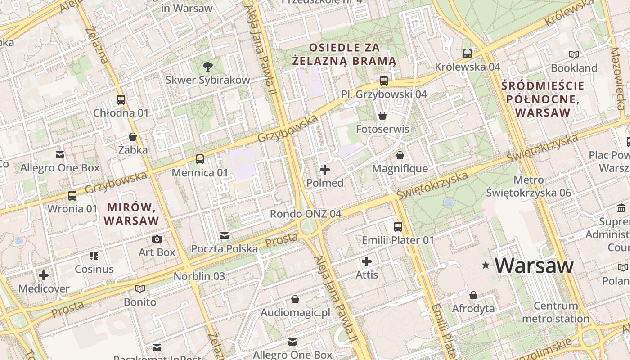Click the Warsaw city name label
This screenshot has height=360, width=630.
click(534, 265)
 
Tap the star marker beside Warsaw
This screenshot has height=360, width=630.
click(486, 265)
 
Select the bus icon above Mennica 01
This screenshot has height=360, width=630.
click(199, 159)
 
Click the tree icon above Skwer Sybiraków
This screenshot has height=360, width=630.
click(207, 67)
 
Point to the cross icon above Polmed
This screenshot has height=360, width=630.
click(325, 170)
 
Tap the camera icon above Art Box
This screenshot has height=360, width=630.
click(157, 239)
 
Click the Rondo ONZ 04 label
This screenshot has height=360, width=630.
click(306, 214)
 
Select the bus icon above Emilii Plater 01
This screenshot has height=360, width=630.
click(398, 226)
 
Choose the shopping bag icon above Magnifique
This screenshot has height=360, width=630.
click(400, 155)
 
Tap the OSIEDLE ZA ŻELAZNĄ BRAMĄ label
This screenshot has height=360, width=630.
click(344, 54)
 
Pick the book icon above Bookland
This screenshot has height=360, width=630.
click(574, 54)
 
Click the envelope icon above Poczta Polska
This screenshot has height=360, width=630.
click(225, 235)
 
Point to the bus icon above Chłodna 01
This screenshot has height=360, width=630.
click(121, 99)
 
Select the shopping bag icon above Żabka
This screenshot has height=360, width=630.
click(133, 136)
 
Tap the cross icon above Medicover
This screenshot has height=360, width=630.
click(44, 275)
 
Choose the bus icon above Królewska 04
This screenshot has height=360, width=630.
click(468, 53)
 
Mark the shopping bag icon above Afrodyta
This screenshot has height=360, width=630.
click(473, 295)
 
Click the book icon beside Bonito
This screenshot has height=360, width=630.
click(140, 288)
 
